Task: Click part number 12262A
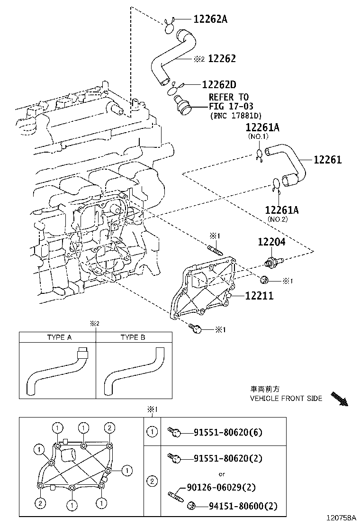click(210, 19)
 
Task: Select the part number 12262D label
click(219, 85)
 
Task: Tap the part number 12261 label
click(327, 160)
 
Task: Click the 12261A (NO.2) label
click(282, 210)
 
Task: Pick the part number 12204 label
click(271, 242)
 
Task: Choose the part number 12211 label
click(259, 296)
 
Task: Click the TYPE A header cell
click(59, 337)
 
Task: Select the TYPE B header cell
click(133, 337)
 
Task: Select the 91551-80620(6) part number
click(227, 432)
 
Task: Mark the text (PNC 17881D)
click(235, 116)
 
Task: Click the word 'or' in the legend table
click(221, 473)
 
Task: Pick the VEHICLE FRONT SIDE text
click(286, 398)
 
